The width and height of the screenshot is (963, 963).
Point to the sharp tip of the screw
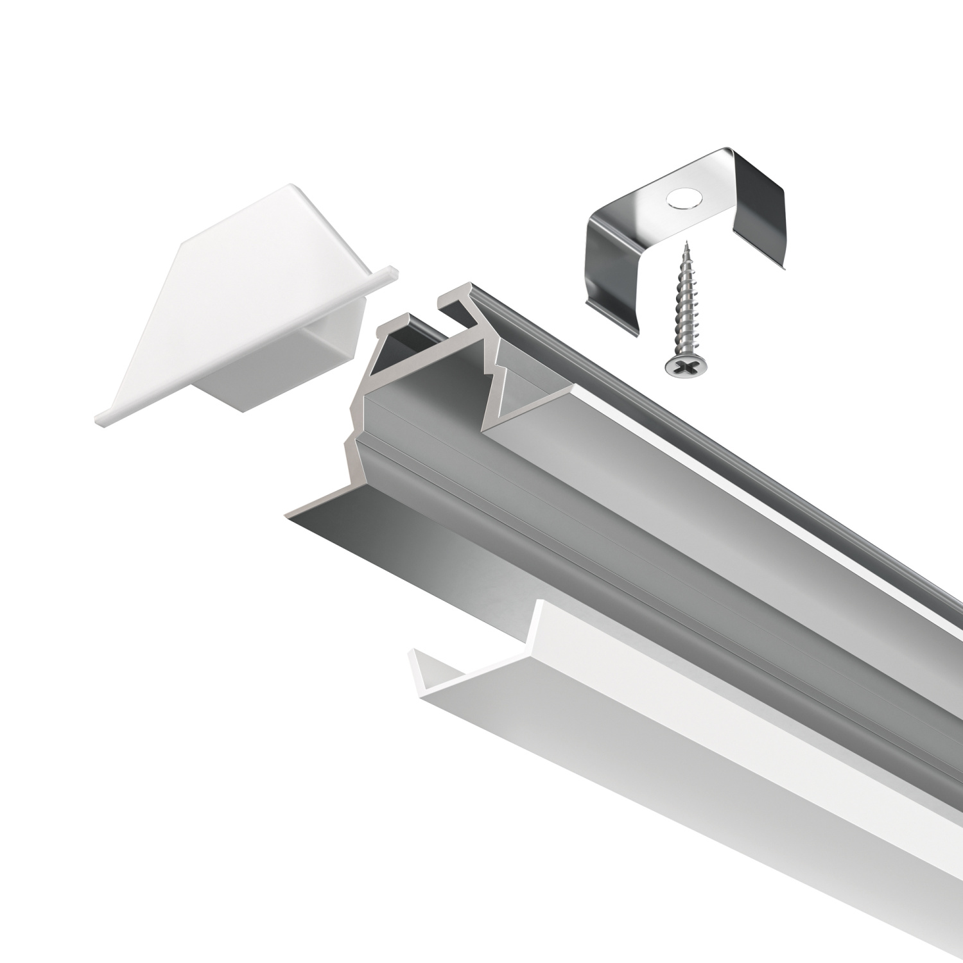(x=687, y=242)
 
